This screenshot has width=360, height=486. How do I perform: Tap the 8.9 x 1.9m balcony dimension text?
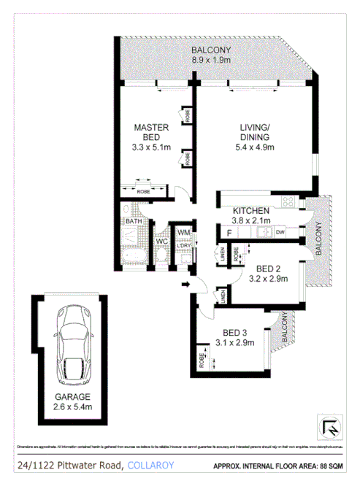coord(211,61)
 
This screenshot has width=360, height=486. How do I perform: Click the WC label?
coord(160,239)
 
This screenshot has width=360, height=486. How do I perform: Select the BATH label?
coord(132,221)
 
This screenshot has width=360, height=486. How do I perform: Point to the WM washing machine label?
coord(183,232)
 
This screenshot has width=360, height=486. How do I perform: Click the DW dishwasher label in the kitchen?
coord(280,233)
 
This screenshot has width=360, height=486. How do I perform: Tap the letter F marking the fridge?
coord(229,233)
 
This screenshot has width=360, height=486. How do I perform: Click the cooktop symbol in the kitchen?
coord(288,202)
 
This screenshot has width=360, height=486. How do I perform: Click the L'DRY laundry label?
coord(183,246)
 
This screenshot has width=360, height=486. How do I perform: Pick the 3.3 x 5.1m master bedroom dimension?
coord(151,147)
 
